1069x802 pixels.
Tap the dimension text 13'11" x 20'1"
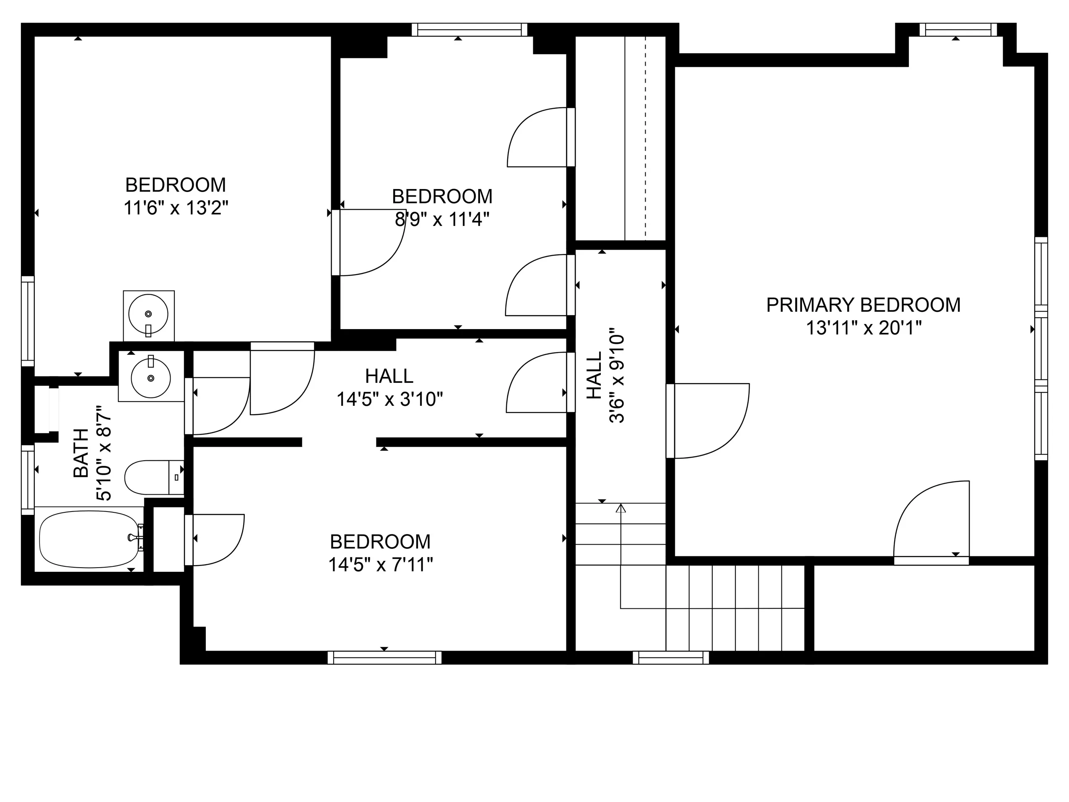tap(863, 328)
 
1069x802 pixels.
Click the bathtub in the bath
tap(89, 540)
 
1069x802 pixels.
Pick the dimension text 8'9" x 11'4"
tap(442, 220)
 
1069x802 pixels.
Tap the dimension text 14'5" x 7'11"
tap(380, 565)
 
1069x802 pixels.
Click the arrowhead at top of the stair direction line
tap(621, 508)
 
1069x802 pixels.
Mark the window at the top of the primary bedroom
tap(958, 30)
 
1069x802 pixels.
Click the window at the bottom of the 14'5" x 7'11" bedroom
tap(384, 657)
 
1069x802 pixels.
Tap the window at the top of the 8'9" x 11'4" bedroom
tap(469, 30)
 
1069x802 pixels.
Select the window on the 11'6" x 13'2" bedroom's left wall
tap(28, 321)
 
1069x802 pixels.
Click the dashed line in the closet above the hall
tap(646, 138)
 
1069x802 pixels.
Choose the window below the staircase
tap(670, 657)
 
